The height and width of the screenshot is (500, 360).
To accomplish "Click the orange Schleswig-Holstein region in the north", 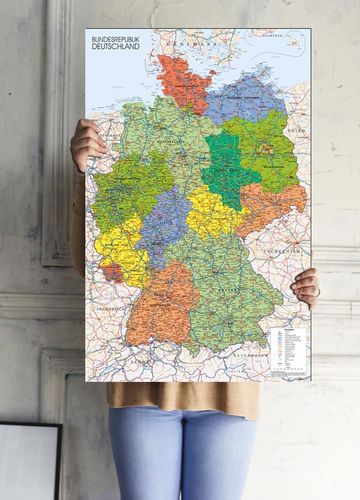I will [180, 83].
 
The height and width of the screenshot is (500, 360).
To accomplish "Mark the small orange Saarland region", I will [113, 271].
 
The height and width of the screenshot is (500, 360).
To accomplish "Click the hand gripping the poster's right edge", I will [306, 287].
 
